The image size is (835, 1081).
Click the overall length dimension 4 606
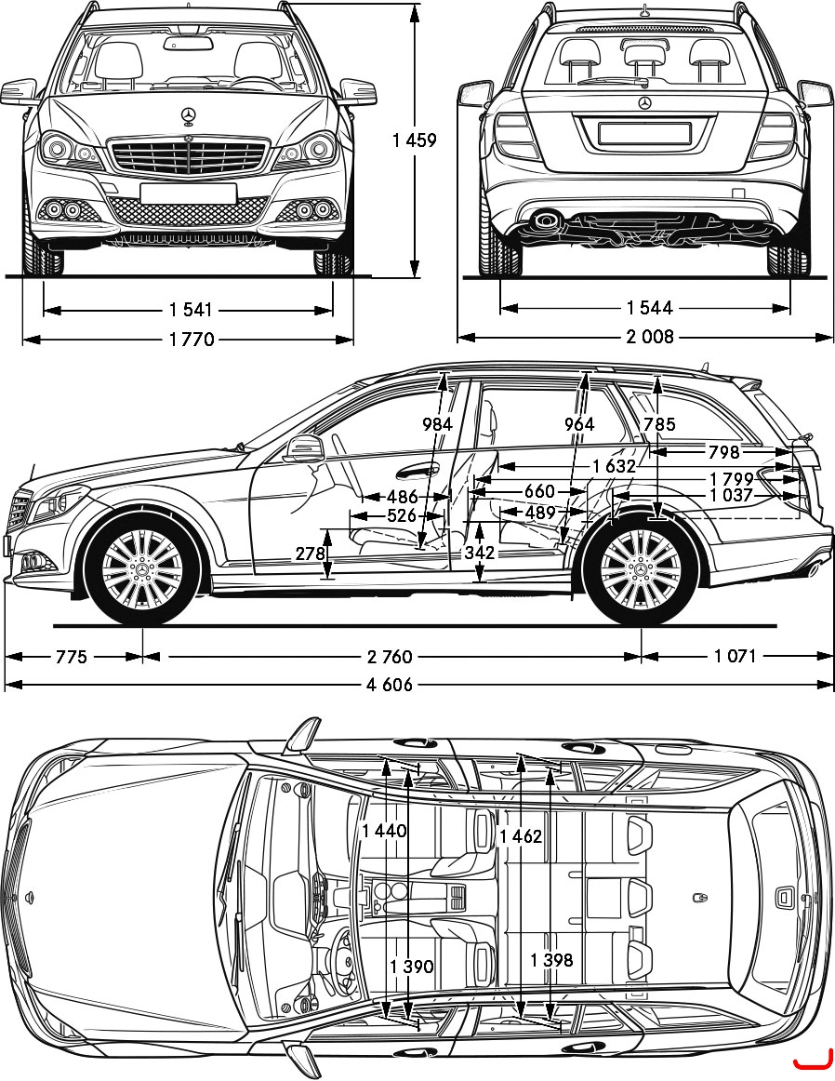pos(390,684)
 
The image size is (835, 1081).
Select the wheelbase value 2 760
pos(390,656)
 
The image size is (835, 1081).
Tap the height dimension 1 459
pos(415,140)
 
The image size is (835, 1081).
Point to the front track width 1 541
pos(191,310)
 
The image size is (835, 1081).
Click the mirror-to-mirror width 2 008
pos(650,337)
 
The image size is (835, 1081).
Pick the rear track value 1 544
pos(650,308)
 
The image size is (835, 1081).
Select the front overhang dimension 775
pos(72,656)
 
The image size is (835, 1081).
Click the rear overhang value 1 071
pos(736,656)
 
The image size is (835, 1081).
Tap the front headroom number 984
pos(437,424)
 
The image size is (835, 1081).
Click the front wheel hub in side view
pos(142,568)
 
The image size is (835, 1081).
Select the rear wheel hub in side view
pos(641,568)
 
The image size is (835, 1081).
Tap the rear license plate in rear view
pos(644,133)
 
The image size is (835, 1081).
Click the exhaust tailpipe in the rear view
pos(548,220)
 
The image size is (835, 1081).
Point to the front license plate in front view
pos(188,194)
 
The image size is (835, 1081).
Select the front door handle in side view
pos(417,473)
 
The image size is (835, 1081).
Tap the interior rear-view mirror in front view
pos(188,43)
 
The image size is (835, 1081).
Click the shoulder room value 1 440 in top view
pos(384,831)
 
